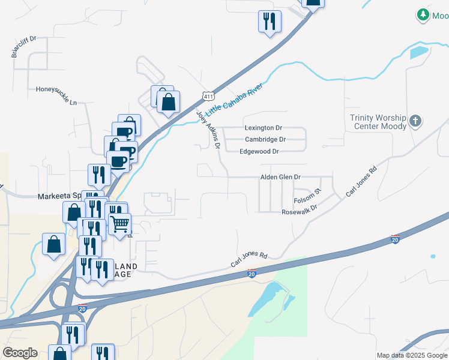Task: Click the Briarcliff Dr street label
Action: click(x=24, y=47)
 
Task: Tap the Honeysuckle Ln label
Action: click(x=56, y=95)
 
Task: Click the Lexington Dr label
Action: click(x=263, y=128)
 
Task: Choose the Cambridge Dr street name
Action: click(x=265, y=139)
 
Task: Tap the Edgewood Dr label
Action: click(x=259, y=151)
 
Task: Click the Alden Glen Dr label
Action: click(x=280, y=177)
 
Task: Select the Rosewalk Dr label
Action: click(x=300, y=212)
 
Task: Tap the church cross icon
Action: click(x=415, y=122)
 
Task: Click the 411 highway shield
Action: click(x=208, y=96)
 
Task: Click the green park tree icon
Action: click(x=424, y=14)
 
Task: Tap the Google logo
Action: click(x=20, y=352)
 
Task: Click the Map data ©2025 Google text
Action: click(x=411, y=355)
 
